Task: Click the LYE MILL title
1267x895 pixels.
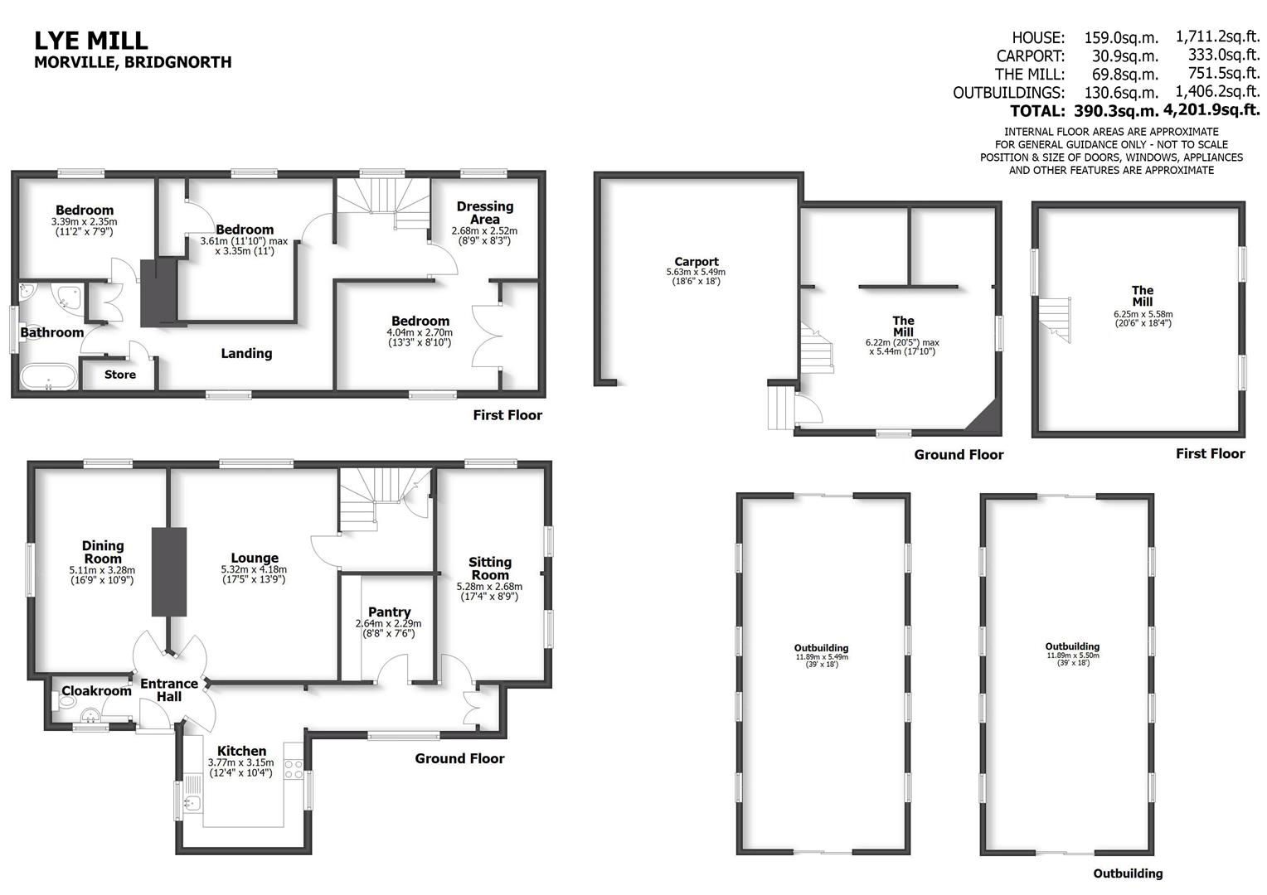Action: [x=91, y=40]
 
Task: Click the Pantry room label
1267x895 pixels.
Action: [x=389, y=612]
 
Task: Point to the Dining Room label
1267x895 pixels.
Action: [x=103, y=552]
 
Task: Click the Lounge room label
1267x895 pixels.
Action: [x=255, y=559]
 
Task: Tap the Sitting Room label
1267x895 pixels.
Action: [x=489, y=568]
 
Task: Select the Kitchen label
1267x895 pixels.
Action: [x=241, y=751]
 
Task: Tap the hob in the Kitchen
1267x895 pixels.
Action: [x=294, y=769]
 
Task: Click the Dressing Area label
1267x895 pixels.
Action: [x=484, y=213]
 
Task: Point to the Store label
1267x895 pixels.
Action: [x=120, y=375]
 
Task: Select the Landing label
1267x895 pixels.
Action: [x=246, y=354]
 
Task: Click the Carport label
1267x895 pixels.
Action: [x=696, y=262]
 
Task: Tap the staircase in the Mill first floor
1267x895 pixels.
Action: [x=1056, y=318]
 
